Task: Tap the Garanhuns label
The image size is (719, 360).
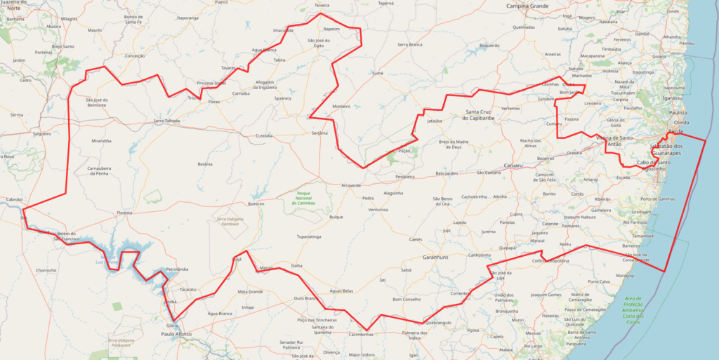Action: (x=435, y=258)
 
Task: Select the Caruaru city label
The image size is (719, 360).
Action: (x=514, y=166)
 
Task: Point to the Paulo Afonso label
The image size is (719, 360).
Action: (x=177, y=334)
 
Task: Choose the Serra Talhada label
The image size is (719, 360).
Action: (x=166, y=121)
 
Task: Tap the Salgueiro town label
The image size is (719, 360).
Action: (x=41, y=133)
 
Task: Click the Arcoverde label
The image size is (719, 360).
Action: (x=350, y=186)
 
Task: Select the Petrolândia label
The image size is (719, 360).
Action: (x=177, y=269)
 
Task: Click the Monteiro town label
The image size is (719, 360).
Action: (x=341, y=106)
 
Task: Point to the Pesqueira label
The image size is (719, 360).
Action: (x=405, y=177)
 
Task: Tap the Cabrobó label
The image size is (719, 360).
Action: (x=15, y=199)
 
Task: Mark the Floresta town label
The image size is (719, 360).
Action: (x=124, y=212)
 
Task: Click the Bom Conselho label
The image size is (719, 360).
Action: (x=407, y=299)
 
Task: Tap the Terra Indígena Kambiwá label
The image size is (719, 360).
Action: (x=230, y=222)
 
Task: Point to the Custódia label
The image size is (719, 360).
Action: (x=264, y=135)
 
